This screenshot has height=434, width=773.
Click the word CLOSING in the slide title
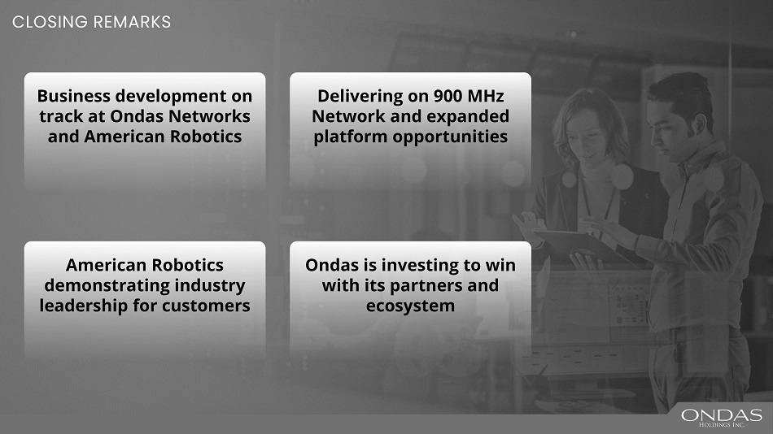[50, 22]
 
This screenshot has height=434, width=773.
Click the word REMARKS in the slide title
[132, 22]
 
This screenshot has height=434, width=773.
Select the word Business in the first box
[73, 96]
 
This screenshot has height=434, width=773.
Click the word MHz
[485, 96]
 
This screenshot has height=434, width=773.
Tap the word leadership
[83, 306]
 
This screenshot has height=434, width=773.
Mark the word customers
[206, 306]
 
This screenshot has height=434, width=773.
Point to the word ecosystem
[411, 306]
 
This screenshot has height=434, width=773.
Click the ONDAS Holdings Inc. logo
[721, 417]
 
